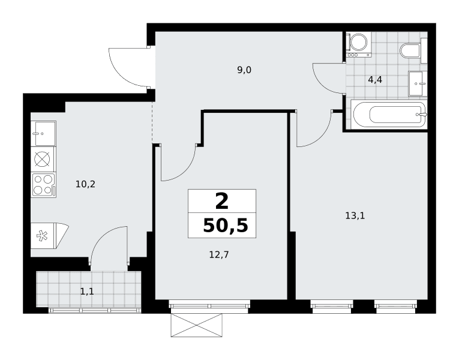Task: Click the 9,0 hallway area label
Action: click(x=244, y=70)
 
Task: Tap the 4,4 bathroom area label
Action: click(x=375, y=80)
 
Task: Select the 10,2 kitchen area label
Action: click(x=85, y=184)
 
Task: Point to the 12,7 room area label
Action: click(x=219, y=255)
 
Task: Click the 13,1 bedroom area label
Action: click(x=355, y=216)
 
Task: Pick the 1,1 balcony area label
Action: click(x=87, y=292)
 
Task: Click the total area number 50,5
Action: click(x=226, y=226)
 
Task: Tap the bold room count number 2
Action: click(x=221, y=202)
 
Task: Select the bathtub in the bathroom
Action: click(x=389, y=115)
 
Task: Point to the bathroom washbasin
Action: click(x=418, y=83)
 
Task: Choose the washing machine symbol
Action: click(x=359, y=44)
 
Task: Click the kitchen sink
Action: click(x=44, y=133)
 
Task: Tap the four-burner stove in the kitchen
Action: click(x=44, y=185)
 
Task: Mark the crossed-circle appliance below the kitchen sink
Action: click(x=43, y=159)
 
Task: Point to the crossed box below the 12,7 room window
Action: click(x=196, y=325)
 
